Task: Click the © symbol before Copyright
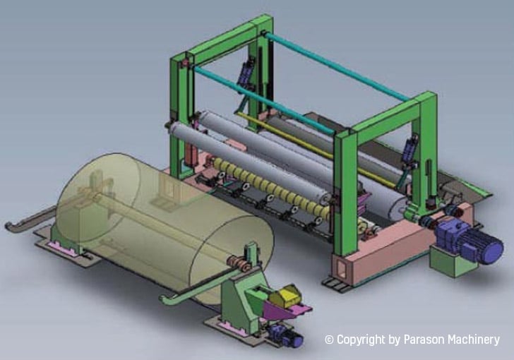329,340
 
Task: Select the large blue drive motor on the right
469,241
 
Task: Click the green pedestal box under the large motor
450,260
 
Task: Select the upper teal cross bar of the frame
336,66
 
